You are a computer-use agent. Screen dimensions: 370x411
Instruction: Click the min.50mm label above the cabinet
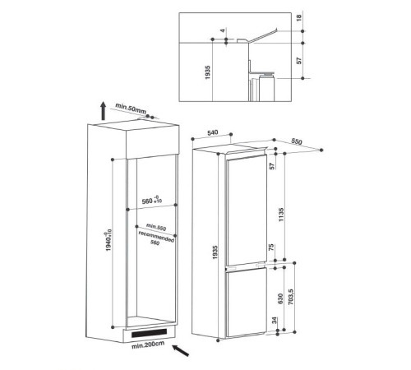(131, 107)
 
